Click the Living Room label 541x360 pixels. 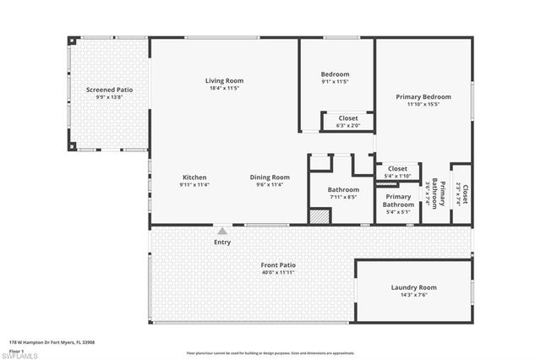(x=223, y=80)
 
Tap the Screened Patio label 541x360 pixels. (x=110, y=90)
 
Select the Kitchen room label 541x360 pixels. (x=194, y=177)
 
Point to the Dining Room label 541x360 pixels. (x=270, y=177)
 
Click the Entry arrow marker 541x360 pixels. (x=222, y=230)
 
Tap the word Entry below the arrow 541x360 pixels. (x=222, y=242)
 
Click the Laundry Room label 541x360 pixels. (x=413, y=287)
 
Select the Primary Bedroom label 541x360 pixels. (x=424, y=96)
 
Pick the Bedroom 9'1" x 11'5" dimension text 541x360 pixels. (x=336, y=82)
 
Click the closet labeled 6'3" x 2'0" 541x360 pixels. (x=347, y=122)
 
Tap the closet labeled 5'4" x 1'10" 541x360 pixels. (x=397, y=172)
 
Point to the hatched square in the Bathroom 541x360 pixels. (x=317, y=216)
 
